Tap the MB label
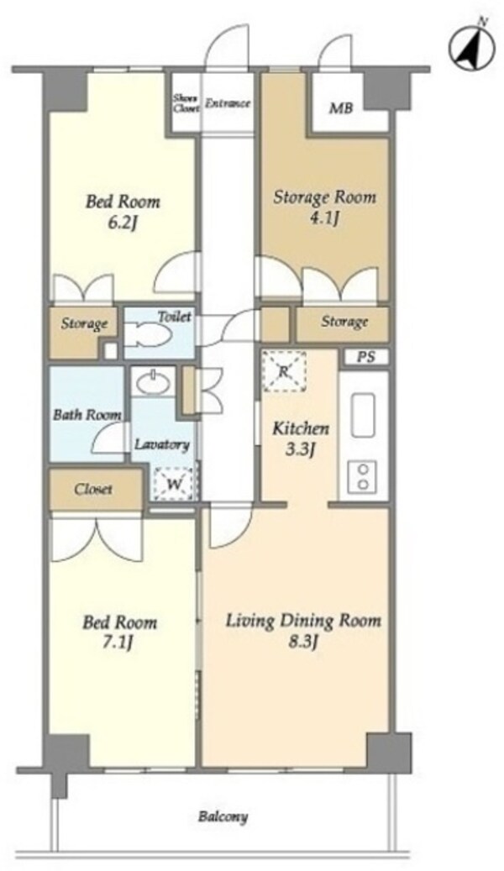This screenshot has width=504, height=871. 341,108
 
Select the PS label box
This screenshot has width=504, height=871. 365,357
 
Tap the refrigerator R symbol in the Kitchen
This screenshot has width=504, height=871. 284,371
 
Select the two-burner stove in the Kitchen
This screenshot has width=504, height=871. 364,477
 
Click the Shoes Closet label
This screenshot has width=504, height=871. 186,103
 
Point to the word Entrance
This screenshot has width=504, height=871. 228,103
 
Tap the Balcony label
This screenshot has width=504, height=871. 223,816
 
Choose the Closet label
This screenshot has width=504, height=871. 93,490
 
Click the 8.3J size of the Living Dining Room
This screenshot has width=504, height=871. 303,643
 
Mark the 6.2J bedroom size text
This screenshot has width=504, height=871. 123,223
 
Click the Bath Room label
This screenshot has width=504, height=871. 87,414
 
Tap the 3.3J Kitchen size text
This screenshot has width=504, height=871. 301,449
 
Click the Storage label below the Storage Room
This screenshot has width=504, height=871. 344,322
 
